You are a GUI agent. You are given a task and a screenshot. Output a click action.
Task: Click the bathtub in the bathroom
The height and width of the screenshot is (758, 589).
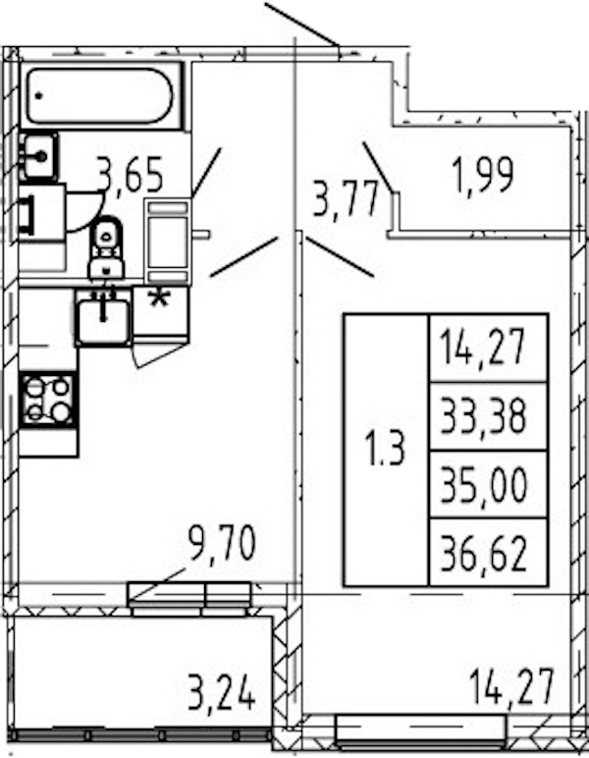(100, 95)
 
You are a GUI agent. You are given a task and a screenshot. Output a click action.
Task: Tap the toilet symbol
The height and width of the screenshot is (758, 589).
(107, 247)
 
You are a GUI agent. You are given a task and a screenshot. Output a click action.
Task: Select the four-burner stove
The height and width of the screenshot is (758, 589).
(48, 400)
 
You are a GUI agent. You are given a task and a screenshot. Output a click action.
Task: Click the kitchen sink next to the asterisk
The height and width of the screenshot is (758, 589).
(103, 316)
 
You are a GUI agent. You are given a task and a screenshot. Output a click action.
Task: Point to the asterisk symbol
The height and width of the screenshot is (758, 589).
(159, 298)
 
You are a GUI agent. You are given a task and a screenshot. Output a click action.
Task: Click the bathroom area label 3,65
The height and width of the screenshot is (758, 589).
(130, 175)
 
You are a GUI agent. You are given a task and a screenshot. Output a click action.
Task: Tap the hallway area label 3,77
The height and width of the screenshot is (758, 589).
(345, 197)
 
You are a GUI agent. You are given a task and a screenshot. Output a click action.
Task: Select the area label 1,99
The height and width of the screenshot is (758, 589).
(483, 175)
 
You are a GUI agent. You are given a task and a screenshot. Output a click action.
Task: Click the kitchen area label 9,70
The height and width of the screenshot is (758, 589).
(222, 543)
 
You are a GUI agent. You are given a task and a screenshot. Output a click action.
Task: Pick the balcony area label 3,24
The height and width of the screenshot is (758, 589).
(222, 694)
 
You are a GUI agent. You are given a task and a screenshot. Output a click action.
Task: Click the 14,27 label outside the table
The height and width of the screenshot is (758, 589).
(511, 686)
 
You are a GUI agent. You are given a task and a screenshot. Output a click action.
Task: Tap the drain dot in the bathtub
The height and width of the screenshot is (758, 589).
(38, 95)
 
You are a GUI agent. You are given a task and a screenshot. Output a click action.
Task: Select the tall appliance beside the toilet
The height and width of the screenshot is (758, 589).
(168, 242)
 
